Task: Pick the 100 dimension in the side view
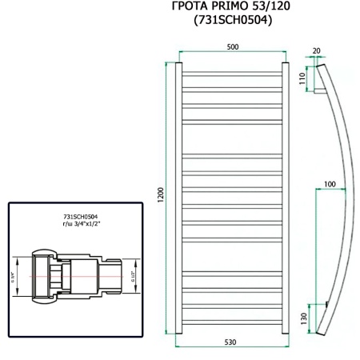[x=330, y=184]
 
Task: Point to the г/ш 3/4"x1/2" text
[x=85, y=225]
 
